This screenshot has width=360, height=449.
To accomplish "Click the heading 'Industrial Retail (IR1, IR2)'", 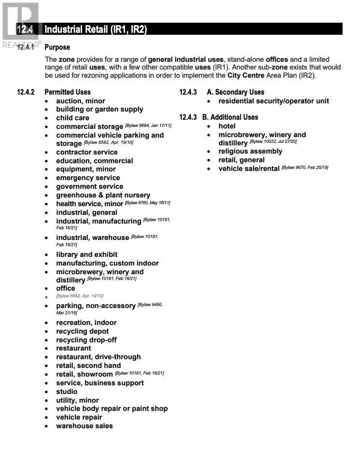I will tap(95, 29).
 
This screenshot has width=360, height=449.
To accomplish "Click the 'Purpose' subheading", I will tap(57, 47).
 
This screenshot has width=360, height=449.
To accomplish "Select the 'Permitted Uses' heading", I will tap(67, 92).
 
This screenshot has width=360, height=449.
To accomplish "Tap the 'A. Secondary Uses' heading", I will tap(235, 92).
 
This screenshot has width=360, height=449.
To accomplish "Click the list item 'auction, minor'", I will tap(80, 101).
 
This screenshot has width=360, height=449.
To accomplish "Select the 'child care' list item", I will tap(72, 118).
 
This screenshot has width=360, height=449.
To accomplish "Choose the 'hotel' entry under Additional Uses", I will tap(227, 126).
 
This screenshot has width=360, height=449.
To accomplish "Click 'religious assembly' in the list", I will tap(250, 152).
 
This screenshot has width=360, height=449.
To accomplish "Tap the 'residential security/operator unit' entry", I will tap(274, 101).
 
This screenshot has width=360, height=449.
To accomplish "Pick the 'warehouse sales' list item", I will tap(84, 426).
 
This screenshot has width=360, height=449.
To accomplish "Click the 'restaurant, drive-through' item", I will tap(98, 357).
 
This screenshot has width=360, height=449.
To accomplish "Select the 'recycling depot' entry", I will tap(82, 331).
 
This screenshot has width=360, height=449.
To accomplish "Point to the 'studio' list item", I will tap(67, 392).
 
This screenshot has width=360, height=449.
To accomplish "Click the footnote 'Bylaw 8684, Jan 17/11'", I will tap(148, 126).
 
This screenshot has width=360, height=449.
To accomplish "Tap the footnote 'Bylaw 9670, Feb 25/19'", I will tap(305, 168).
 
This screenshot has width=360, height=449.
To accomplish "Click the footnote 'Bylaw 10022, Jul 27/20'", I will tap(273, 141).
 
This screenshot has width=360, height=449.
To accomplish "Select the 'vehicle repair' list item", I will tap(79, 417).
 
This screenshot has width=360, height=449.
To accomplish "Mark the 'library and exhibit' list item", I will tap(86, 254).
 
